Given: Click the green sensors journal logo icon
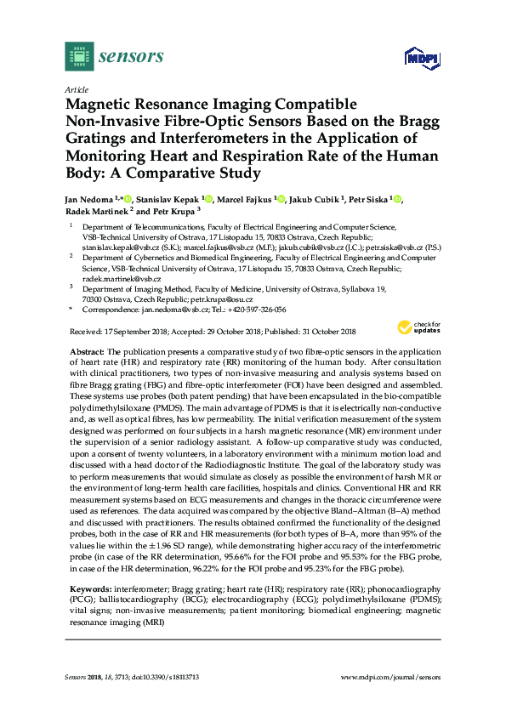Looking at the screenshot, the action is coord(79,58).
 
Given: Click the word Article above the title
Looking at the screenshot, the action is coord(75,89).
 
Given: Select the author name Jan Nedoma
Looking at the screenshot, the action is coord(92,199).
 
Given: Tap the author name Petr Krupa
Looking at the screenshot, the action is coord(173,211).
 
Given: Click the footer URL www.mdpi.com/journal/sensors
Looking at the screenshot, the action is coord(390,676).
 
